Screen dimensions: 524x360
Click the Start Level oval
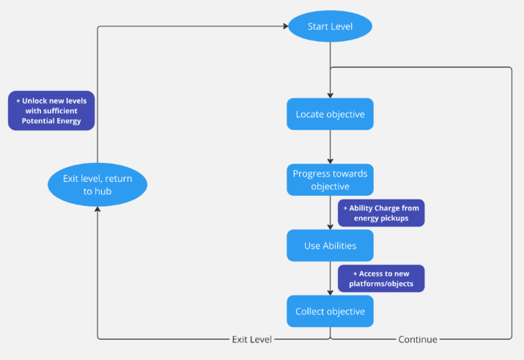331,26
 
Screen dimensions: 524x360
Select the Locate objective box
331,114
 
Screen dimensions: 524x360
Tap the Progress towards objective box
331,180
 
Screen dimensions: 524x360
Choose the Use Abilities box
331,246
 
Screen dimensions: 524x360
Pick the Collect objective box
331,311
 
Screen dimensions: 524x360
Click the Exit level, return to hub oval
97,185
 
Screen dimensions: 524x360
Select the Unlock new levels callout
51,111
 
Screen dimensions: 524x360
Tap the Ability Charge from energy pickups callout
381,213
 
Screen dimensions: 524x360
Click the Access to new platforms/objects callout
381,279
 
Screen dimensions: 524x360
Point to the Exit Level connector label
252,339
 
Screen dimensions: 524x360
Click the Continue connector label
418,339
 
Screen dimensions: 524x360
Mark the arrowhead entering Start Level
286,26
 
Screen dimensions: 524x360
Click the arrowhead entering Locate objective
331,95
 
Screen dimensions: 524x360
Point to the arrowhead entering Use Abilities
331,227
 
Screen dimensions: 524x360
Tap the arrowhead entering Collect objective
331,293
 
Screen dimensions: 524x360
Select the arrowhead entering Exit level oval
97,209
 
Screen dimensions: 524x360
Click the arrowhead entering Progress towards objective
331,161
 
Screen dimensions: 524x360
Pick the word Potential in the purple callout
36,121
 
